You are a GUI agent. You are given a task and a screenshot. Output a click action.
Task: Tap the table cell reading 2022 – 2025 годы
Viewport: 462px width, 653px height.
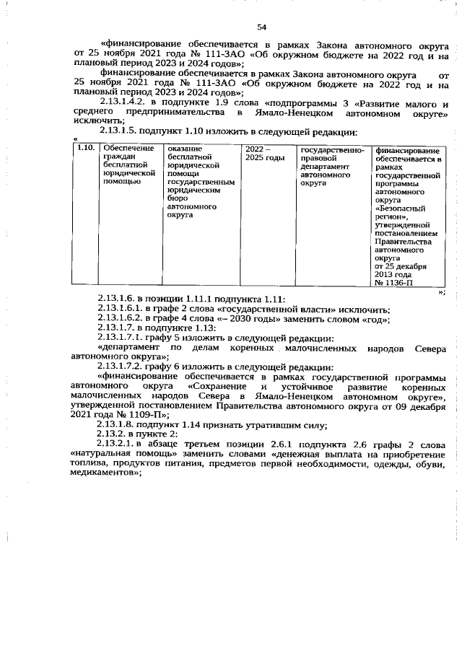coord(264,152)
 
